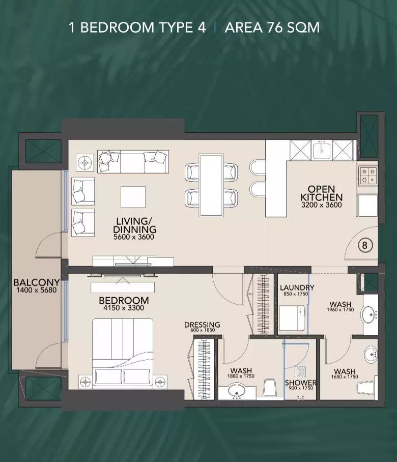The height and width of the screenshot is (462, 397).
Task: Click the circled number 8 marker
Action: [365, 245]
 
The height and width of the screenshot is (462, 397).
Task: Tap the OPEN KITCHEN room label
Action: [322, 193]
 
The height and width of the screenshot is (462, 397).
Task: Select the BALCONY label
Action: [37, 282]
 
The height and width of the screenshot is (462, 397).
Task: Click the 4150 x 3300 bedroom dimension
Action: [124, 308]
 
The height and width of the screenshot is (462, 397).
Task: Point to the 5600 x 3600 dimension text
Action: [134, 237]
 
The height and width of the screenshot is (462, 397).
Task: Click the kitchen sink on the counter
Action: [322, 150]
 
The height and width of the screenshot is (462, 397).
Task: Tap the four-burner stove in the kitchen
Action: [368, 176]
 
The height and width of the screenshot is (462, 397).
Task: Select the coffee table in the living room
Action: [133, 197]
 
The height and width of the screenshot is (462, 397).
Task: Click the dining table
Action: [211, 185]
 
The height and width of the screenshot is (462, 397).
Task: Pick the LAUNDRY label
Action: [297, 287]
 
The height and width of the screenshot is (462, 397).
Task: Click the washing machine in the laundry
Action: [291, 318]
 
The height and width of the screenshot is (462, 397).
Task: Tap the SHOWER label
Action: [301, 383]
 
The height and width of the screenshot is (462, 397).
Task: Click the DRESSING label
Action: [202, 325]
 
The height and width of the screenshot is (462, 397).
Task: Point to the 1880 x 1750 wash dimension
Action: [241, 376]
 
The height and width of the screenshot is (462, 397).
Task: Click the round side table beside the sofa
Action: [85, 163]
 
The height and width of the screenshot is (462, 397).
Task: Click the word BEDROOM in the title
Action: [117, 27]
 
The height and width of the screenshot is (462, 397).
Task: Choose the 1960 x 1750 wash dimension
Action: [341, 310]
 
